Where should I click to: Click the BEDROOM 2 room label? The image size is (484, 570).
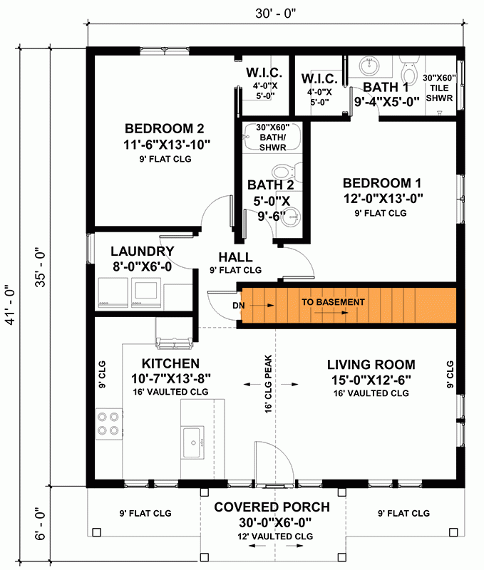coord(165,129)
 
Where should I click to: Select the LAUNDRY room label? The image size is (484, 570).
coord(143,252)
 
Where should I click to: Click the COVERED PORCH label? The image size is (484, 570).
coord(272,507)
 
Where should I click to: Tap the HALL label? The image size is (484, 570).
coord(235,257)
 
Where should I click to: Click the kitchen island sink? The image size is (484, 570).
coord(193,442)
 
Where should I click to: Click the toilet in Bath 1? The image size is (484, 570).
coord(408,72)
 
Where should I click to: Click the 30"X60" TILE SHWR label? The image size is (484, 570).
coord(439,88)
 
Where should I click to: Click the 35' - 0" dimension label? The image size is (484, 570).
coord(41,266)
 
